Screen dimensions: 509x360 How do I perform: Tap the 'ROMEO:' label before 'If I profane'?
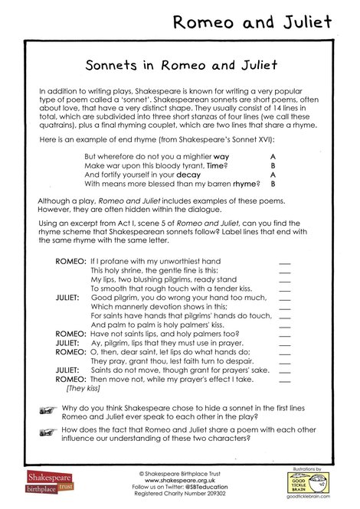coord(70,261)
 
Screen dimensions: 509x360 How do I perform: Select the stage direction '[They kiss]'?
coord(83,388)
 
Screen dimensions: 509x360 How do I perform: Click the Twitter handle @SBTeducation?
coord(201,487)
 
